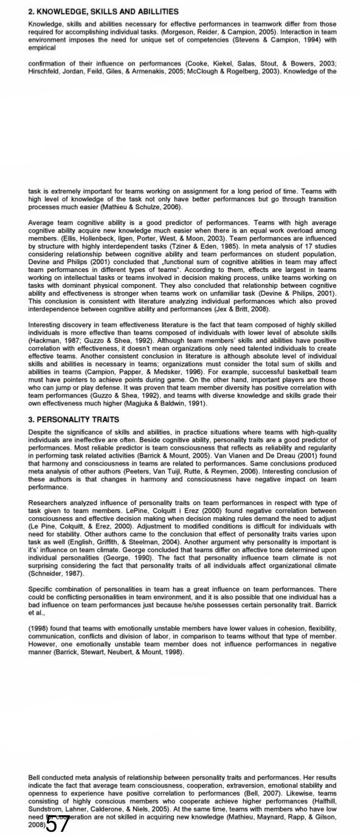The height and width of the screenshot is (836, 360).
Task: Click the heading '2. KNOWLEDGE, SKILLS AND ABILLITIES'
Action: coord(103,12)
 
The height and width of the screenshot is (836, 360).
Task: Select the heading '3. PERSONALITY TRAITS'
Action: coord(74,419)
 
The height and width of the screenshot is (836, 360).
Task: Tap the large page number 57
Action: coord(58,824)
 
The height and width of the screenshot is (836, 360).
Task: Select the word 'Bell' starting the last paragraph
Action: coord(35,777)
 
